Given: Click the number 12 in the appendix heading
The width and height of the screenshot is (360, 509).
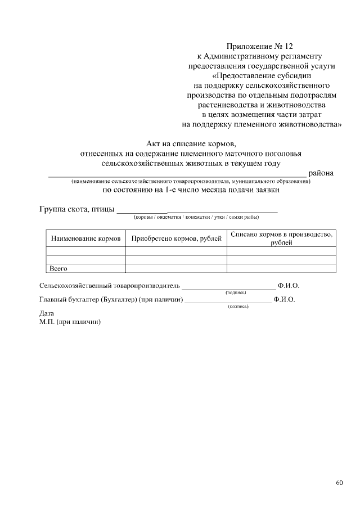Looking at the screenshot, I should pyautogui.click(x=288, y=46).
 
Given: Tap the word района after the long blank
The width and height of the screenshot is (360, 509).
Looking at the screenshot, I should pyautogui.click(x=321, y=173).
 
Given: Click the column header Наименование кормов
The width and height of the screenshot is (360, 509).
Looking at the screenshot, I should pyautogui.click(x=86, y=238).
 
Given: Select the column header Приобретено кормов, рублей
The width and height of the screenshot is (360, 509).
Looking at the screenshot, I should pyautogui.click(x=176, y=238).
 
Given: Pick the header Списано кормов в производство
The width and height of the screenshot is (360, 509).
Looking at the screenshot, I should pyautogui.click(x=281, y=234).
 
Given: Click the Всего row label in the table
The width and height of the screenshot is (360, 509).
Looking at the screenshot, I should pyautogui.click(x=58, y=268).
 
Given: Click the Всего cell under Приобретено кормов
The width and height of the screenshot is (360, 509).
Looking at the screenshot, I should pyautogui.click(x=176, y=268).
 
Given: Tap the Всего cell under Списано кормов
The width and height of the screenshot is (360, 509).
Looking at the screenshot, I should pyautogui.click(x=281, y=268).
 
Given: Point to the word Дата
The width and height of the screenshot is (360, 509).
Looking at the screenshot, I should pyautogui.click(x=47, y=313).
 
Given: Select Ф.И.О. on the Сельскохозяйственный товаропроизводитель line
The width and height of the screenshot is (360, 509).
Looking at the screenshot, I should pyautogui.click(x=289, y=286).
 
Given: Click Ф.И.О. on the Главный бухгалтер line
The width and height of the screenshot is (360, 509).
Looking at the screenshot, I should pyautogui.click(x=284, y=300).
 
